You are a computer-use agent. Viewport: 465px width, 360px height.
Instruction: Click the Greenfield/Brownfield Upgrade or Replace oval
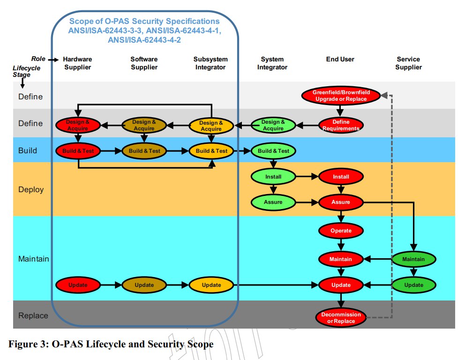coord(341,96)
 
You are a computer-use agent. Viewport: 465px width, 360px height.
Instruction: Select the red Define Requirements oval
coord(341,125)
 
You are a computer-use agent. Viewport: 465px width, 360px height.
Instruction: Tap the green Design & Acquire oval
coord(273,125)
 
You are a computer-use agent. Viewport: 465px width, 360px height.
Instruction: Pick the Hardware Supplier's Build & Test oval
coord(78,151)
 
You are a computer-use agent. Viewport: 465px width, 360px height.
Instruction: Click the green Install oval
coord(273,177)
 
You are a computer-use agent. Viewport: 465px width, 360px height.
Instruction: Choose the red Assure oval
coord(341,202)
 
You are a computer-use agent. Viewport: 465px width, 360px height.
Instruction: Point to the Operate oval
coord(341,231)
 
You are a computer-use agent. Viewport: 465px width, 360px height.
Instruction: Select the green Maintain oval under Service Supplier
coord(414,259)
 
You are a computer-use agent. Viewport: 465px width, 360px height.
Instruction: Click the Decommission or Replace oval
coord(341,318)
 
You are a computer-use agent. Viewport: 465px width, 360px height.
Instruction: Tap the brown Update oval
coord(144,285)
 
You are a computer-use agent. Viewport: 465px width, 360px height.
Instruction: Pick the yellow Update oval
coord(211,285)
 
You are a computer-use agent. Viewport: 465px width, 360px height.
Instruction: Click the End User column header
coord(340,60)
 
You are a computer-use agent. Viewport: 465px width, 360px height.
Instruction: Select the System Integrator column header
coord(272,63)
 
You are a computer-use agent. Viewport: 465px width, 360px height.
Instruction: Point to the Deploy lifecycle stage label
coord(31,189)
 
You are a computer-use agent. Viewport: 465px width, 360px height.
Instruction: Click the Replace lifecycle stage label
coord(33,315)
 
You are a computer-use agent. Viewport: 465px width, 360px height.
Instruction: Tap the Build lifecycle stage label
coord(28,150)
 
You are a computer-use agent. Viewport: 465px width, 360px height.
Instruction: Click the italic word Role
coord(38,59)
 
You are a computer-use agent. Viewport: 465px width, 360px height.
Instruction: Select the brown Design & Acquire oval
coord(144,125)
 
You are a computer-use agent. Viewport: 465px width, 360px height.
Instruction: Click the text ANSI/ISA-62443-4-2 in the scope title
coord(144,40)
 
